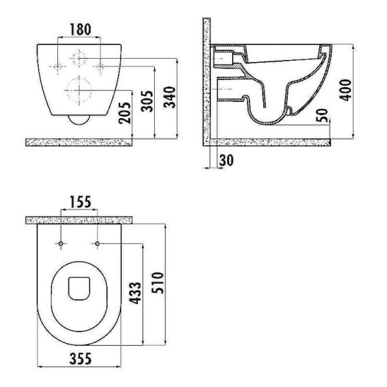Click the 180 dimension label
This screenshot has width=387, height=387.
point(81,29)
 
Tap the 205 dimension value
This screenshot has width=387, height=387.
point(124,113)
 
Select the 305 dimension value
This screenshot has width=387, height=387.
point(147,101)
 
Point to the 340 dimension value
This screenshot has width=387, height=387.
point(170,97)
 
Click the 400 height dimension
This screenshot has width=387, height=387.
point(345,90)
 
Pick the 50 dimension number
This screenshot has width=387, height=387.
point(322,115)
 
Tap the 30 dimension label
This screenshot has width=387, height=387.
point(226,160)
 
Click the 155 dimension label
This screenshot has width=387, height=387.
point(81,202)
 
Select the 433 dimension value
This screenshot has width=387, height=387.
point(135,293)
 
